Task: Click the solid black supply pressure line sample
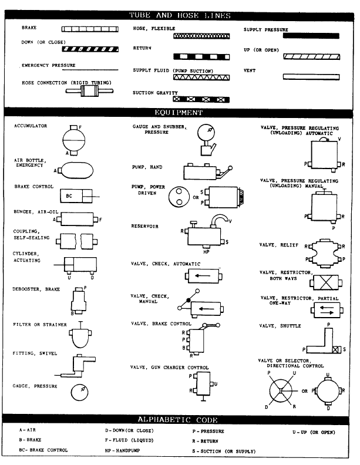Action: pyautogui.click(x=311, y=36)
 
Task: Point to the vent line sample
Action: pyautogui.click(x=311, y=77)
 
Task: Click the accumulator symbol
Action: pyautogui.click(x=74, y=140)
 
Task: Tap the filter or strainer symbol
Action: pyautogui.click(x=79, y=337)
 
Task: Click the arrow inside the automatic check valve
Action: pyautogui.click(x=204, y=274)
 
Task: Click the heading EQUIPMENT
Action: pyautogui.click(x=179, y=112)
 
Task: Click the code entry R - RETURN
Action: pyautogui.click(x=201, y=440)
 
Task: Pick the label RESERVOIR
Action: pyautogui.click(x=144, y=225)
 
